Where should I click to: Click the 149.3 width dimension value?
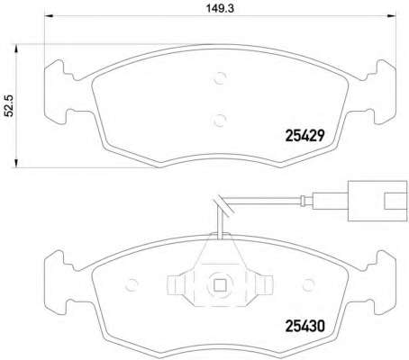coord(220,8)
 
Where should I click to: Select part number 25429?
coord(304,136)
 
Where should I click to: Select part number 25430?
coord(304,326)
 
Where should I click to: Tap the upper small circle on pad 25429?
coord(220,78)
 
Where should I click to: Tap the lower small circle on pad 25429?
coord(220,121)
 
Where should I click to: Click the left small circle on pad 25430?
coord(132,284)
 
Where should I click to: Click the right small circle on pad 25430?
coord(308,284)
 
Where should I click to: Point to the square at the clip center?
coord(220,285)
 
